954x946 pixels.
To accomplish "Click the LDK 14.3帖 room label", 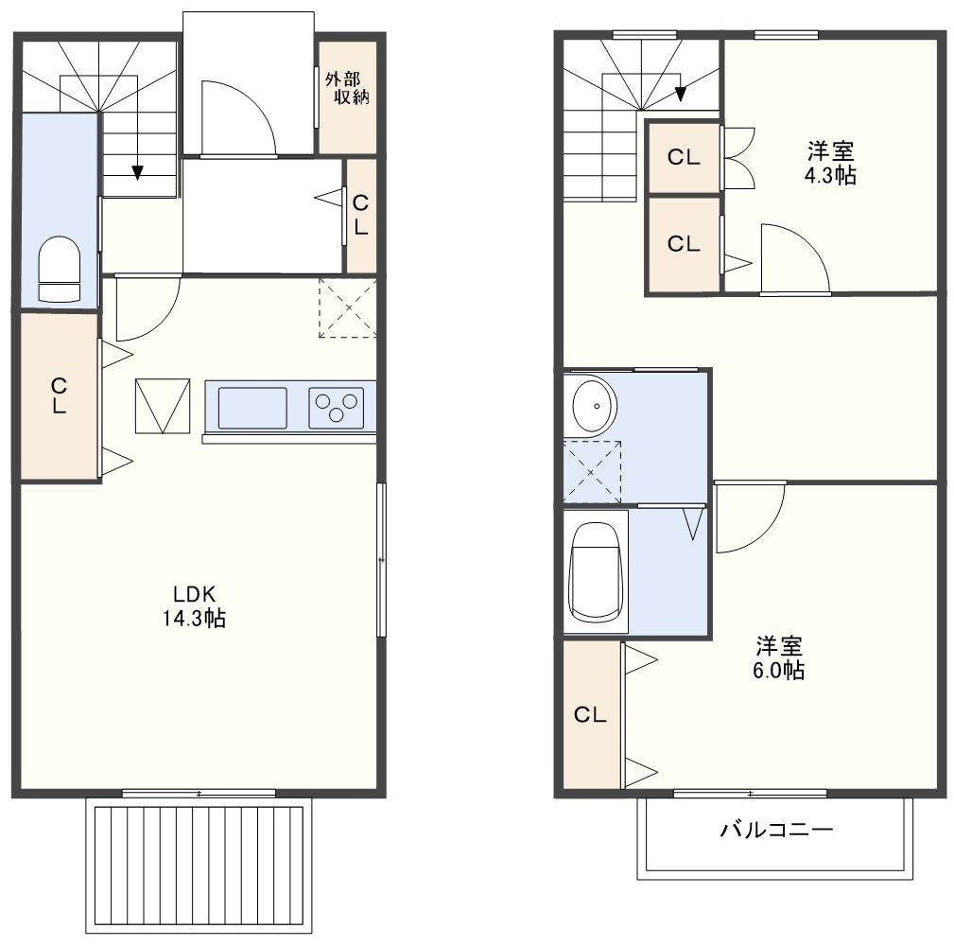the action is tap(194, 605).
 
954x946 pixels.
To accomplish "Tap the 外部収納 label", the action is tap(347, 88).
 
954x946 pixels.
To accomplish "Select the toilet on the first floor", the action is tap(59, 269).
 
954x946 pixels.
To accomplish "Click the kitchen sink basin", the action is tap(252, 408).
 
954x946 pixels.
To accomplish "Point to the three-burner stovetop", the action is tap(336, 408).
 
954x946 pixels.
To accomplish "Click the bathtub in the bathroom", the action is tap(596, 572).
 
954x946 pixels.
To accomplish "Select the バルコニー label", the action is tap(776, 830).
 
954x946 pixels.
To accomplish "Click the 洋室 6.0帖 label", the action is tap(779, 657).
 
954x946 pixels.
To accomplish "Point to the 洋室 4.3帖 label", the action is tap(830, 163).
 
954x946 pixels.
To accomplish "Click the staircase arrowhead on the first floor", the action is tap(138, 173).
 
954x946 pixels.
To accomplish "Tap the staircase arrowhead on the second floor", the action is tap(680, 94).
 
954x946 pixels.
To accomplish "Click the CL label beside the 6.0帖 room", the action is tap(590, 714).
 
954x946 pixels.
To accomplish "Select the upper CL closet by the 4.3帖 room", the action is tap(684, 158).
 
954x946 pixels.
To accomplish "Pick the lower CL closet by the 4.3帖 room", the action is tap(684, 244).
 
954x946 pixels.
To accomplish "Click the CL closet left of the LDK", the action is tap(60, 396).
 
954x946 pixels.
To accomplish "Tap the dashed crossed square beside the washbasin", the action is tap(593, 471).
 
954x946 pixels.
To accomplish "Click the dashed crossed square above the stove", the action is tap(348, 307).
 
